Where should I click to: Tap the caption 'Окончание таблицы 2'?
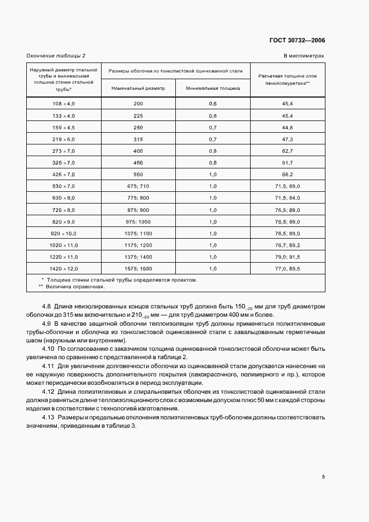tap(56, 56)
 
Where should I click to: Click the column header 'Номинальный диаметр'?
tap(138, 88)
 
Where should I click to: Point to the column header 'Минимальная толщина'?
tap(213, 88)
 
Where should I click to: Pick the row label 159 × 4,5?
tap(63, 128)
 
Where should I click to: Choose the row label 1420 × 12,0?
tap(63, 268)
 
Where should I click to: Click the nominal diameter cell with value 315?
tap(138, 139)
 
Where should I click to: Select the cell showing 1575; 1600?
tap(138, 268)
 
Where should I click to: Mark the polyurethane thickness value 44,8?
tap(287, 128)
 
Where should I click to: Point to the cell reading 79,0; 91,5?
tap(287, 257)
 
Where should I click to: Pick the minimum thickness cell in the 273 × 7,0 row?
tap(213, 151)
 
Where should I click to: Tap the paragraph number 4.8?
tap(47, 307)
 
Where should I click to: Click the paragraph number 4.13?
tap(49, 418)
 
